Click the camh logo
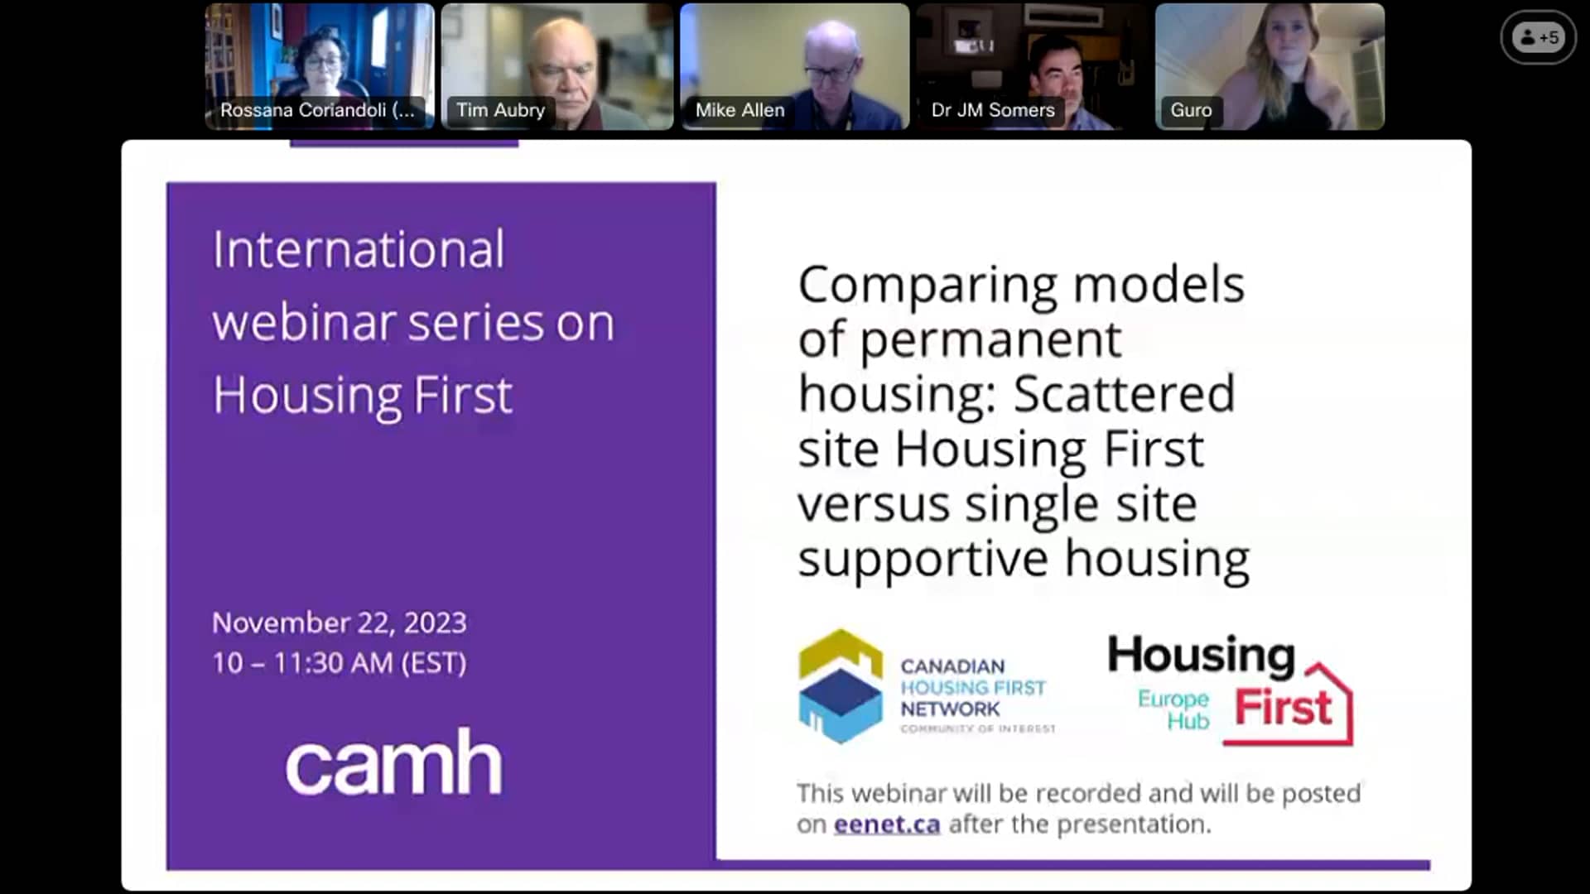(393, 762)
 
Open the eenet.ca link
(886, 824)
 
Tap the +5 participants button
(1539, 37)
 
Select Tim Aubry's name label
(500, 110)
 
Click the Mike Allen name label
(740, 110)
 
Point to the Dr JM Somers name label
(992, 110)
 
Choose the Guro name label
(1191, 110)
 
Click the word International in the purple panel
(358, 249)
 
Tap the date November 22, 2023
(340, 622)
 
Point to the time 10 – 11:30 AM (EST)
(340, 663)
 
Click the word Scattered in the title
(1124, 394)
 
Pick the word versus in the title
(874, 504)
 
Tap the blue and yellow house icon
(840, 686)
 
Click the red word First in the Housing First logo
(1283, 709)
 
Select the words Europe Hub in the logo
(1174, 710)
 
